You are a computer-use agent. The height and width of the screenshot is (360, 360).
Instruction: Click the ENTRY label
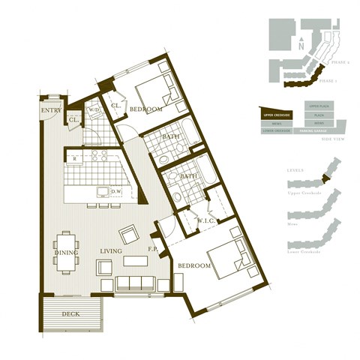[51, 110]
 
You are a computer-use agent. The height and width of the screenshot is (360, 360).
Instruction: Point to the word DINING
[66, 253]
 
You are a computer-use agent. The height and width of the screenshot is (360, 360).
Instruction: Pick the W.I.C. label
[206, 220]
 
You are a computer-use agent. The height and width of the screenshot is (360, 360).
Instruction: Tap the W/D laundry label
[94, 110]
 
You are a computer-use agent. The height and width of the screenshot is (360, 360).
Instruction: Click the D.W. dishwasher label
[116, 191]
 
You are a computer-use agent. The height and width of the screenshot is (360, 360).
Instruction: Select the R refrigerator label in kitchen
[74, 158]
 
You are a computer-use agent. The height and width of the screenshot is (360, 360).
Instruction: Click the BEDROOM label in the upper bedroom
[145, 109]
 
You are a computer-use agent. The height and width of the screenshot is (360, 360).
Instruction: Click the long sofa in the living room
[134, 283]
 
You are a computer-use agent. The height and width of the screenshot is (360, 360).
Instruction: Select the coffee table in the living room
[135, 261]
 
